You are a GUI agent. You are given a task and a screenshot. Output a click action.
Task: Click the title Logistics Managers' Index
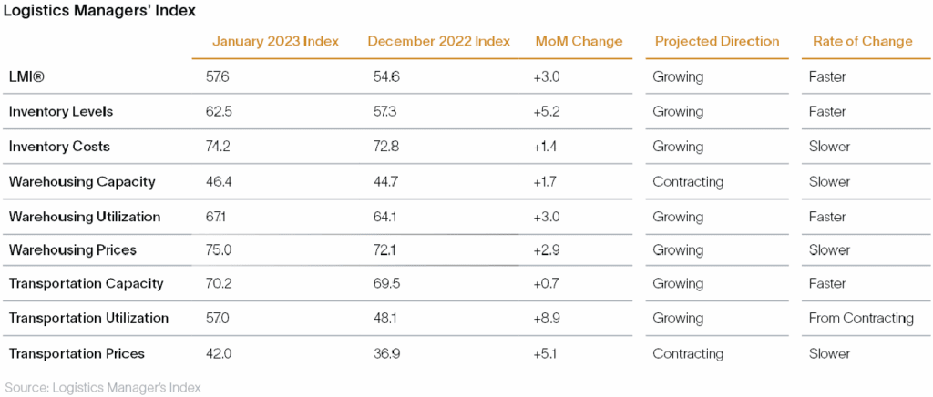point(99,11)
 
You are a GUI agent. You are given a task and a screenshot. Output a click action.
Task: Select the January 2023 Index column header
point(275,41)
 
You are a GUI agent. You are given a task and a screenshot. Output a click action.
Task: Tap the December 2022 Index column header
point(439,41)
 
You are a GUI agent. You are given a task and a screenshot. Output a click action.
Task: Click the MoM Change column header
point(579,41)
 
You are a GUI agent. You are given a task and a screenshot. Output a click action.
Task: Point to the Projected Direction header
point(717,41)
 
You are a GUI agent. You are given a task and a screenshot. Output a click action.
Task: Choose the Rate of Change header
point(862,41)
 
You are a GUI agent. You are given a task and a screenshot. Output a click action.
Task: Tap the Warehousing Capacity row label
point(82,182)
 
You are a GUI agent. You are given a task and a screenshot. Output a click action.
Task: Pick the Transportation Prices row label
point(77,353)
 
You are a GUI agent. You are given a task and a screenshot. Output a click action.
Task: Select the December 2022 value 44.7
point(382,182)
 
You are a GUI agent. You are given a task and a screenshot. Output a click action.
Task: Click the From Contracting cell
point(861,319)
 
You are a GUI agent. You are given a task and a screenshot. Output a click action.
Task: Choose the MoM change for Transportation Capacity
point(547,284)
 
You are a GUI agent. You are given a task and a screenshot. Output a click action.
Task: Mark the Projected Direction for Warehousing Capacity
point(688,182)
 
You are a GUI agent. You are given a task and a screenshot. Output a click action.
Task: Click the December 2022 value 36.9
point(383,353)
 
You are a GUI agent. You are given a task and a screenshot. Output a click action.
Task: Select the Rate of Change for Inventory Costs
point(829,147)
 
